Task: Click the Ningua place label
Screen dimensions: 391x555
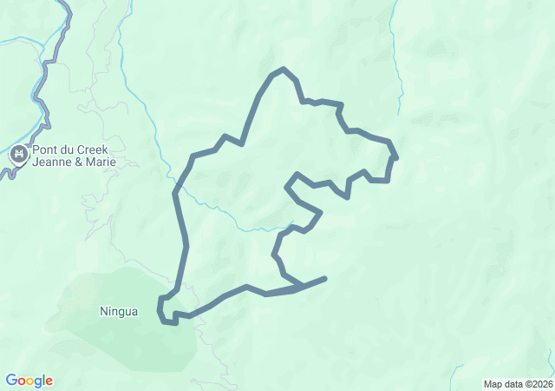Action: click(119, 311)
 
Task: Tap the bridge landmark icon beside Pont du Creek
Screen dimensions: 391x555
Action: click(18, 156)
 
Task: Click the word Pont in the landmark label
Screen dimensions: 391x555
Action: click(46, 149)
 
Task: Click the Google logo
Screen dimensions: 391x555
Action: click(29, 381)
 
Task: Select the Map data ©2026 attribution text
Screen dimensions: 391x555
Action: click(517, 384)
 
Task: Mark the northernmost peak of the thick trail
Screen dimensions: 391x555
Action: click(283, 69)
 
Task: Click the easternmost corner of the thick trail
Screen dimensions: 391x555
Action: click(395, 157)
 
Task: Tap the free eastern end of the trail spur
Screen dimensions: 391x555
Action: click(325, 278)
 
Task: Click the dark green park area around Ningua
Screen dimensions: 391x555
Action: click(147, 339)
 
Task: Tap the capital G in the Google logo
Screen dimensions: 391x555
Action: click(11, 381)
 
